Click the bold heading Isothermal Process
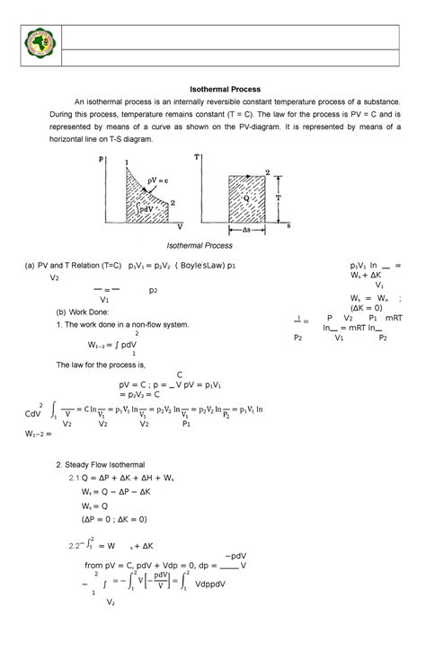tap(224, 90)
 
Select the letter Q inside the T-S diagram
tap(244, 202)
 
